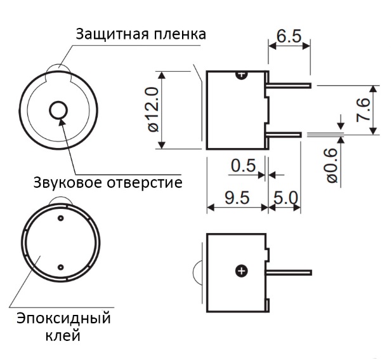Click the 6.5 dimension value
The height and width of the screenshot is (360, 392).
coord(289,35)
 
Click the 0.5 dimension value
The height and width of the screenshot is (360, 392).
coord(243,166)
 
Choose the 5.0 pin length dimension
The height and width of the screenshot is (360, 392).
coord(285,197)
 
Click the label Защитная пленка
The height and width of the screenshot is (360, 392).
coord(140,34)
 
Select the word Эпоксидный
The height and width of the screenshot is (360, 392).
coord(63,317)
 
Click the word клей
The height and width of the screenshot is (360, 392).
coord(63,335)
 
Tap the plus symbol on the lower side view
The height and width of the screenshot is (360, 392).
coord(241,272)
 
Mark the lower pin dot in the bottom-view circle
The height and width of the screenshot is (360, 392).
coord(61,266)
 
